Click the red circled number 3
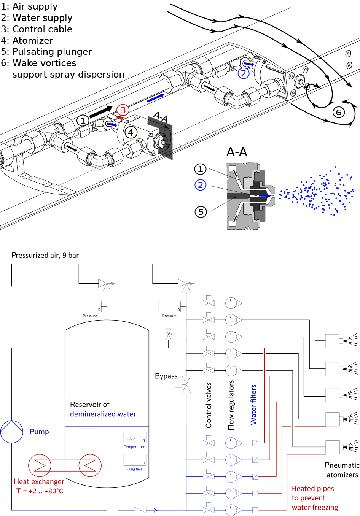[x=123, y=110]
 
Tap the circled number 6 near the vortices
[x=339, y=112]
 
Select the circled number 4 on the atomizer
[x=131, y=133]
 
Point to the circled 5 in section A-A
[x=201, y=212]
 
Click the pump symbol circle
[x=12, y=432]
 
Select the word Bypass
[x=166, y=376]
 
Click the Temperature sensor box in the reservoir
[x=135, y=438]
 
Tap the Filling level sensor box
[x=135, y=460]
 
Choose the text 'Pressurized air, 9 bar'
[x=45, y=256]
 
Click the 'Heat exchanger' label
[x=39, y=481]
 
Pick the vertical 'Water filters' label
[x=253, y=405]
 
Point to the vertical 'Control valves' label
[x=209, y=405]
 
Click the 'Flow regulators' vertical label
[x=231, y=405]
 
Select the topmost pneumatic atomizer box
[x=332, y=341]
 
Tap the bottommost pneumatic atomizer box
[x=332, y=447]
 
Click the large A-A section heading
[x=237, y=152]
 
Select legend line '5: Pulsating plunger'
[x=46, y=52]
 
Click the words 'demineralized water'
[x=103, y=414]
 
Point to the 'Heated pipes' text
[x=312, y=489]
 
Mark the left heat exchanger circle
[x=40, y=465]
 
